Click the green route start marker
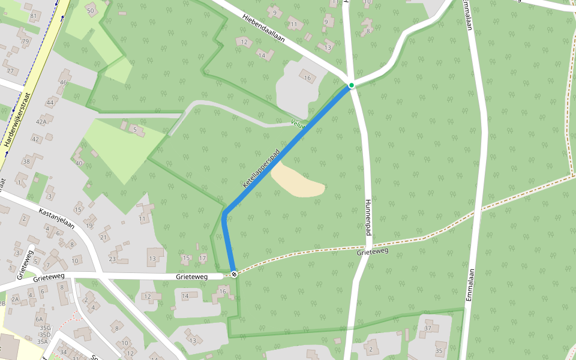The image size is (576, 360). pos(352,86)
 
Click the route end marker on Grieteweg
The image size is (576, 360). pos(233,274)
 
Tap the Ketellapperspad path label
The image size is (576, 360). pos(261,169)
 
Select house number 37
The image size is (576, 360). pos(428,328)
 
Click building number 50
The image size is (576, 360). pos(91,11)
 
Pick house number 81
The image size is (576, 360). pos(34,16)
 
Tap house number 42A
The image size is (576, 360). pos(41,121)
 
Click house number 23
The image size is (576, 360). pos(112,259)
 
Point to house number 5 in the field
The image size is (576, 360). pos(135,129)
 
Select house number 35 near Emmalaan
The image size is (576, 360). pos(439,350)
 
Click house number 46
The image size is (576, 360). pos(63,82)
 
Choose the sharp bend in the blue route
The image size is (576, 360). pos(224,214)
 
